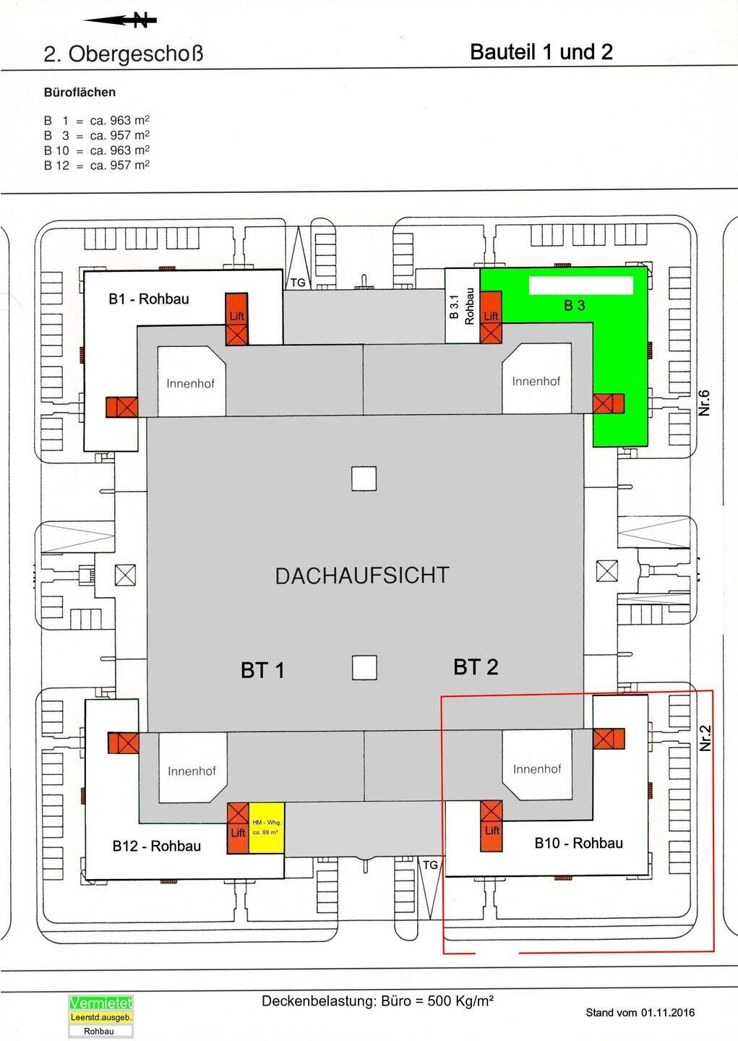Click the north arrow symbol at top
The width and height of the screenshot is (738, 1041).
(120, 21)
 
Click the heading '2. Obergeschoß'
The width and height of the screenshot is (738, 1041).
(124, 54)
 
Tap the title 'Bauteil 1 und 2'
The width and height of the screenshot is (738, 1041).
(541, 52)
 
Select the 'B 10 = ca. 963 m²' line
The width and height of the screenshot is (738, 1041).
(97, 150)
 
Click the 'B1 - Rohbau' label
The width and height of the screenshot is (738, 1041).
(149, 299)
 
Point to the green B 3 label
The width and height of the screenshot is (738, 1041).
(575, 306)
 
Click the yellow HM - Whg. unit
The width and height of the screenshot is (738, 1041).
(267, 828)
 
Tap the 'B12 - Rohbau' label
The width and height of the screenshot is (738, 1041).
(157, 846)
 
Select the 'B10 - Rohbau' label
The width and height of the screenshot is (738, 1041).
(578, 843)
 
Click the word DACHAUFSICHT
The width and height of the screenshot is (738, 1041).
(362, 575)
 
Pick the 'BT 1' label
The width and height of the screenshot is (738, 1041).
(262, 670)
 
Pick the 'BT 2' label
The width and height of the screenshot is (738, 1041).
(476, 667)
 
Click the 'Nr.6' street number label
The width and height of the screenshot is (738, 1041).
(705, 403)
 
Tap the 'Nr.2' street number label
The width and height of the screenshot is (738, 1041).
(705, 738)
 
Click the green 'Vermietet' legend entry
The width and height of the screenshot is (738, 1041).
(100, 1003)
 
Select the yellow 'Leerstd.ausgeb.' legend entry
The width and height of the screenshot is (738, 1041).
(100, 1017)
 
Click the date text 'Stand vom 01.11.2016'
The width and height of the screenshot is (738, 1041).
(640, 1012)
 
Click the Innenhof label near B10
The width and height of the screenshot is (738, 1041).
(537, 769)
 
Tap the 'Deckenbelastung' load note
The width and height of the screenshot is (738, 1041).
(377, 1001)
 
